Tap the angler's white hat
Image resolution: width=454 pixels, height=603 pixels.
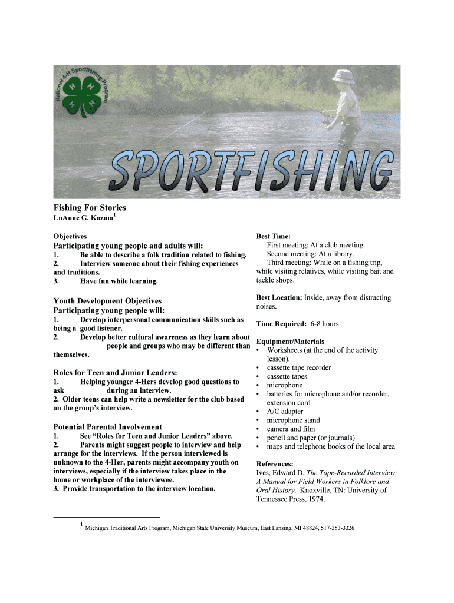tap(342, 75)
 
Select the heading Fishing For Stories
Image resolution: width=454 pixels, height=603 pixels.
tap(90, 208)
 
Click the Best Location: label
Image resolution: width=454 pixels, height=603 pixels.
tap(279, 298)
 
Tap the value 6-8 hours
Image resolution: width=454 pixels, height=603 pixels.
tap(324, 324)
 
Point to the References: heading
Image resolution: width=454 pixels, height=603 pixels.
tap(275, 464)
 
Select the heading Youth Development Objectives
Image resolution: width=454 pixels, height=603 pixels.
tap(107, 301)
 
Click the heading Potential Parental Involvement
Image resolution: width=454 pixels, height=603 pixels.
tap(107, 426)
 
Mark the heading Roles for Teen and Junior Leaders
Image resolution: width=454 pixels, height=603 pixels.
tap(116, 372)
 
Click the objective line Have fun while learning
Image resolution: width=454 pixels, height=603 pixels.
tap(119, 281)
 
